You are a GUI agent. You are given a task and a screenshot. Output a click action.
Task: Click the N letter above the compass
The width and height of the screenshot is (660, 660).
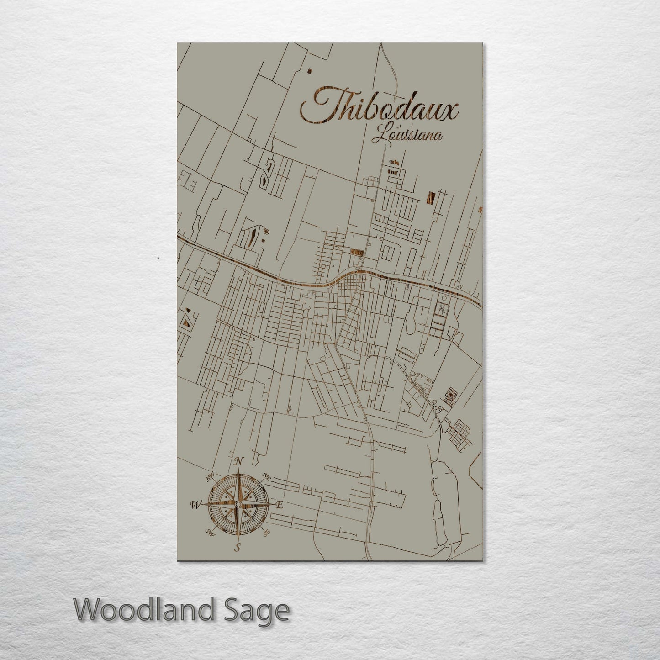pos(238,462)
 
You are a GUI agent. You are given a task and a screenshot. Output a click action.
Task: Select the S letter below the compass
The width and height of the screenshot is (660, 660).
pos(237,548)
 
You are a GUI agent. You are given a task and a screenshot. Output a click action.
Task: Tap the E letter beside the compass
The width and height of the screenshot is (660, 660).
pos(280,505)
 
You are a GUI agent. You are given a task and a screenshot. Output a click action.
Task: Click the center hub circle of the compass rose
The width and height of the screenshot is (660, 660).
pos(238,504)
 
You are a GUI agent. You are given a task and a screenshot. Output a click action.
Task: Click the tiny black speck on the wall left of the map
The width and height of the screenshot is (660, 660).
pos(158,259)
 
